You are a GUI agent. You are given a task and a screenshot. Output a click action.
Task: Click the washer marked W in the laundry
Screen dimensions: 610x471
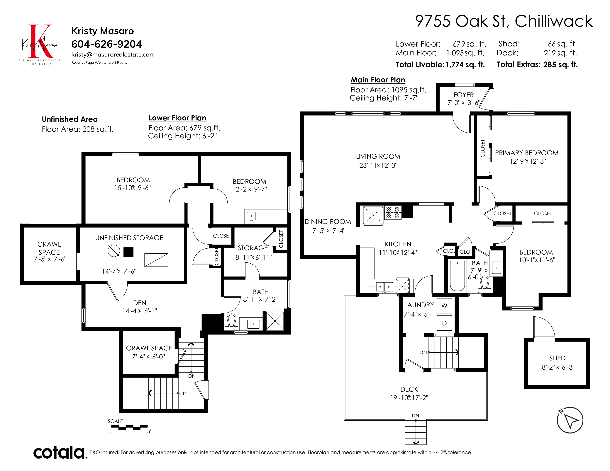tap(444, 306)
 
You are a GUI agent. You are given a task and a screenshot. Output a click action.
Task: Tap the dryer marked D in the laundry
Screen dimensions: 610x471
tap(444, 323)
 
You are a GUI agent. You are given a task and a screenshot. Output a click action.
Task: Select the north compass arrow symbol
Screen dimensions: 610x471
tap(570, 420)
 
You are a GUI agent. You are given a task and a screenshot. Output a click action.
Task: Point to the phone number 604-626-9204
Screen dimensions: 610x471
tap(107, 44)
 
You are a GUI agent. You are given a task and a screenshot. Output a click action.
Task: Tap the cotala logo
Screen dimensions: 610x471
tap(59, 452)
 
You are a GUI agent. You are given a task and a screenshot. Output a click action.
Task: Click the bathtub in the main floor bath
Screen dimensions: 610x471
tap(457, 276)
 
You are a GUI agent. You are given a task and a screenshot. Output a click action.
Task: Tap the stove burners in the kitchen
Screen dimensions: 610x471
tap(393, 213)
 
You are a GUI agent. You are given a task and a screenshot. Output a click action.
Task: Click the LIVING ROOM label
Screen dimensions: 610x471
tap(378, 156)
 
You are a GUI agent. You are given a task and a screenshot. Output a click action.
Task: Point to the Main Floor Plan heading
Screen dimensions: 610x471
tap(378, 80)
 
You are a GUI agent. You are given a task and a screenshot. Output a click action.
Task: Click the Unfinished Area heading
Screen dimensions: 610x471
tap(70, 120)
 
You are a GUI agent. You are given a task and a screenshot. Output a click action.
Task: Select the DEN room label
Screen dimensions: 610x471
tap(140, 303)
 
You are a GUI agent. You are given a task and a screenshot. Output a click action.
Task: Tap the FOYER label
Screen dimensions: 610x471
tap(464, 95)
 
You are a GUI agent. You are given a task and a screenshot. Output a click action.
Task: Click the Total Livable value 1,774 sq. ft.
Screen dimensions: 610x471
tap(465, 65)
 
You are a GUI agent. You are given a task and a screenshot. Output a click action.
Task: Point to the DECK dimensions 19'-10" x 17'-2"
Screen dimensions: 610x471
tap(409, 398)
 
